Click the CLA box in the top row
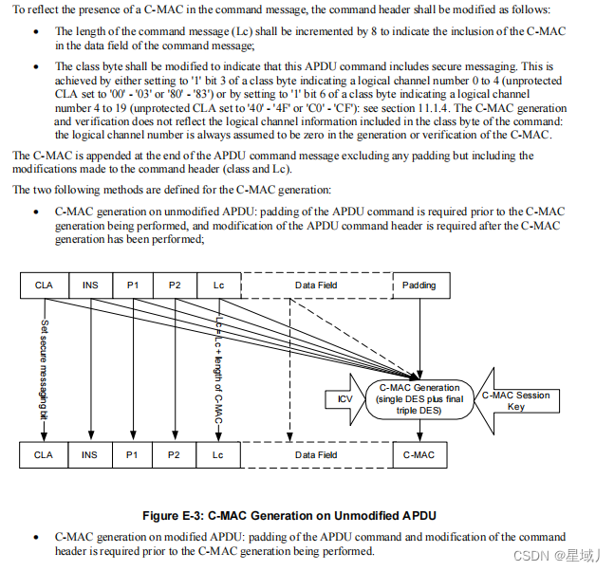[x=44, y=285]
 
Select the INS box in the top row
[x=90, y=285]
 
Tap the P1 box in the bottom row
[x=132, y=455]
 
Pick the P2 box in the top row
[x=175, y=285]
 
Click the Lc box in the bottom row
[x=218, y=455]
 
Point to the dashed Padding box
[x=419, y=285]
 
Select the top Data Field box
[x=316, y=285]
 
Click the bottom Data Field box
[x=316, y=455]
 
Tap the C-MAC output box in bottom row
[x=419, y=455]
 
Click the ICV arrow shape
[x=345, y=399]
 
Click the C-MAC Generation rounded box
[x=419, y=399]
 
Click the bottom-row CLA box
[x=44, y=455]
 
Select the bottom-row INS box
[x=90, y=455]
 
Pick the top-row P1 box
[x=132, y=285]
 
